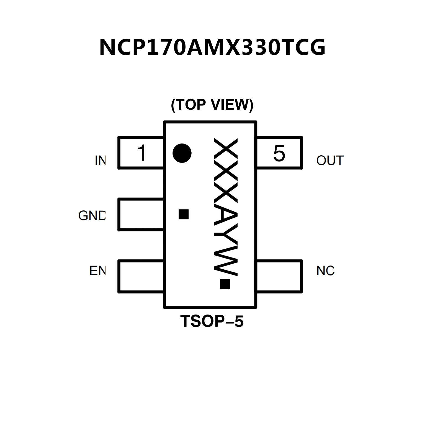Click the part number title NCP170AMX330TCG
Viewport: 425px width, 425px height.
[212, 48]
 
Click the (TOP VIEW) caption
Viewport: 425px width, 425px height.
[212, 105]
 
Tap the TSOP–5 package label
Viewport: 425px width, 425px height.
[212, 321]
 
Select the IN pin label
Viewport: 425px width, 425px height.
[100, 161]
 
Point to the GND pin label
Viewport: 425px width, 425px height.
[92, 216]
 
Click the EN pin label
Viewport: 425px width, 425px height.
[97, 271]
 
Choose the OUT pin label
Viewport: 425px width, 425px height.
[330, 161]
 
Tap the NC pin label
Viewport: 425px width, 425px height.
[325, 271]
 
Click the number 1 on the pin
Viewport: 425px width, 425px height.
[142, 153]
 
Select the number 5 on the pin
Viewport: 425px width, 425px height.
[279, 153]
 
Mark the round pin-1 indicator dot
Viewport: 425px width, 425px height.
[182, 153]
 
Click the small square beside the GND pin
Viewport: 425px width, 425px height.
[184, 214]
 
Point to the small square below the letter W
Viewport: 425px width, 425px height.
[225, 284]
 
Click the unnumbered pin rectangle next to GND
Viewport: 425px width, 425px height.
[141, 214]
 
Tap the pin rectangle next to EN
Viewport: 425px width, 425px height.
[141, 276]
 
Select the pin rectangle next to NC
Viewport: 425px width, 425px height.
[279, 276]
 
